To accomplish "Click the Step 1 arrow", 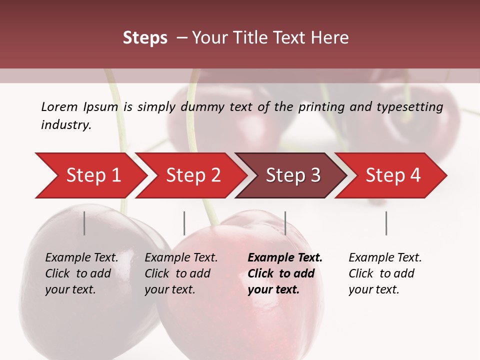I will (92, 175).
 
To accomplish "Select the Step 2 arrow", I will (193, 175).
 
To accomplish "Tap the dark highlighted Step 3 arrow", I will (293, 175).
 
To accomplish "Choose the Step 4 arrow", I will (393, 175).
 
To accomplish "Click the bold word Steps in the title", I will (145, 38).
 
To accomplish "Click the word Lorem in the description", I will (59, 106).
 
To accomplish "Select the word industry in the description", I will (66, 125).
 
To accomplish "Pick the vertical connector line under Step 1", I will (84, 223).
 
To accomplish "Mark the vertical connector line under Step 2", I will (184, 223).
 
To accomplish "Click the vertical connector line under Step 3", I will (285, 223).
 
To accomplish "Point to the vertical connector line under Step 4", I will (386, 223).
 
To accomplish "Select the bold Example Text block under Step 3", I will (285, 273).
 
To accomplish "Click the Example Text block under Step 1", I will (81, 273).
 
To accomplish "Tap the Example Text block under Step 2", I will (181, 273).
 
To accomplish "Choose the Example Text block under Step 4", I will (385, 273).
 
